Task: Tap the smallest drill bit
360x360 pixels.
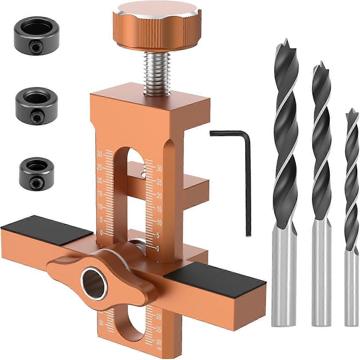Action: [351, 210]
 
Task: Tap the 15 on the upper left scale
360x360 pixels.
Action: [100, 194]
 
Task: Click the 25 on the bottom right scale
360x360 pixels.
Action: [159, 330]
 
